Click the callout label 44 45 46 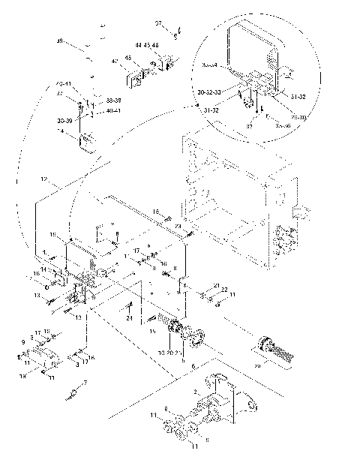(147, 46)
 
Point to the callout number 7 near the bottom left (85, 383)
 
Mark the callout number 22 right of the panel (223, 290)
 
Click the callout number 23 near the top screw (178, 225)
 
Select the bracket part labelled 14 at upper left (88, 141)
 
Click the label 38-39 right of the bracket (114, 100)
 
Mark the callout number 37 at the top (157, 24)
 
